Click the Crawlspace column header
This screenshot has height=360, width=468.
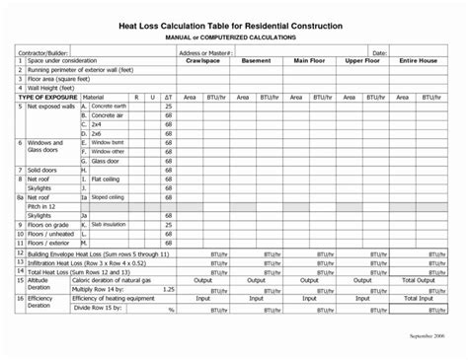tap(201, 60)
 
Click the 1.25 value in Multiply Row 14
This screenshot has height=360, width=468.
tap(168, 288)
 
